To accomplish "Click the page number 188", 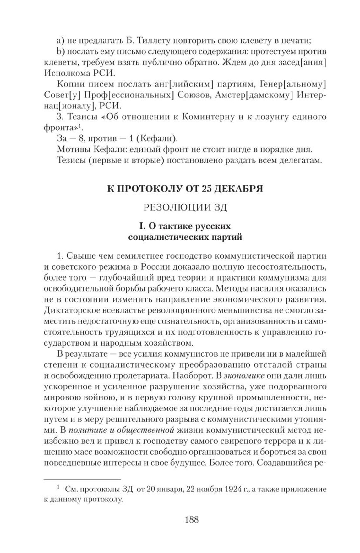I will (x=192, y=519).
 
